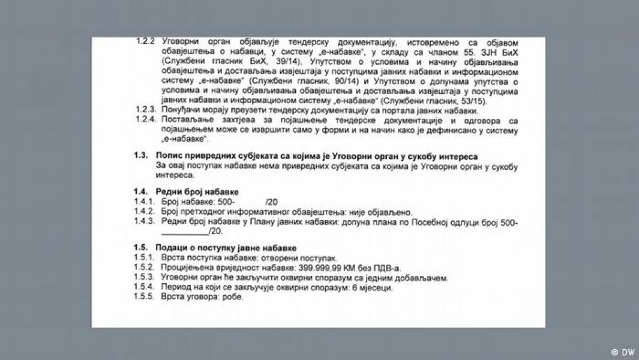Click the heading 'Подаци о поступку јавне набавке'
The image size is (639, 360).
pos(226,248)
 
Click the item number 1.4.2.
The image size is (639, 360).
pos(144,212)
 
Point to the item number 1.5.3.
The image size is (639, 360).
pos(144,278)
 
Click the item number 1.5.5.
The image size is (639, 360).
pos(144,298)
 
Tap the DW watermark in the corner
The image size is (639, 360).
pos(622,351)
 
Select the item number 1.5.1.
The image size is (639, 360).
pos(144,258)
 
